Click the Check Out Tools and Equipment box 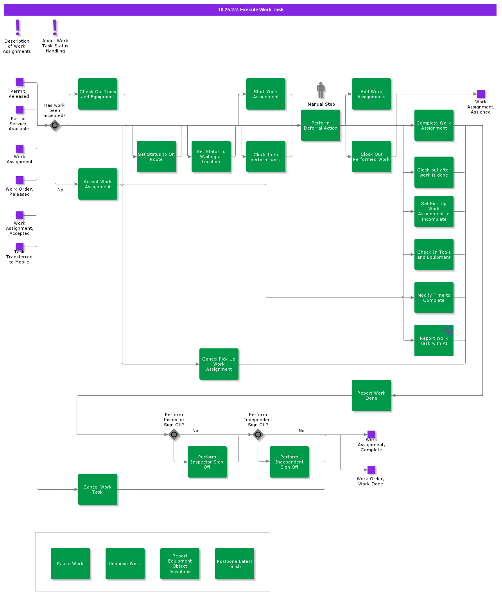pyautogui.click(x=98, y=94)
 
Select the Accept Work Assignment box pyautogui.click(x=98, y=184)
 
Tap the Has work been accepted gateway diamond pyautogui.click(x=55, y=125)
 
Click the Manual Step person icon pyautogui.click(x=321, y=90)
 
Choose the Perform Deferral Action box pyautogui.click(x=321, y=125)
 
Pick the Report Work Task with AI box pyautogui.click(x=434, y=341)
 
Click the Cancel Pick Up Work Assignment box pyautogui.click(x=219, y=364)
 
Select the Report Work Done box pyautogui.click(x=371, y=395)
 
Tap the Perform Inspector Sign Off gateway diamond pyautogui.click(x=174, y=434)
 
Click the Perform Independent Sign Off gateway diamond pyautogui.click(x=258, y=434)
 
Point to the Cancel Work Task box pyautogui.click(x=98, y=489)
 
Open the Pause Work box pyautogui.click(x=70, y=564)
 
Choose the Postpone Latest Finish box pyautogui.click(x=235, y=564)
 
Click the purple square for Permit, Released pyautogui.click(x=20, y=82)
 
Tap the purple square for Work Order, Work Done pyautogui.click(x=371, y=470)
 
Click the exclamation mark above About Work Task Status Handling pyautogui.click(x=55, y=27)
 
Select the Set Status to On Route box pyautogui.click(x=156, y=157)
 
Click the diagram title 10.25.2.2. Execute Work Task pyautogui.click(x=251, y=10)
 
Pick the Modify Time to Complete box pyautogui.click(x=434, y=297)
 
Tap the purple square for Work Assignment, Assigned pyautogui.click(x=481, y=94)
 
